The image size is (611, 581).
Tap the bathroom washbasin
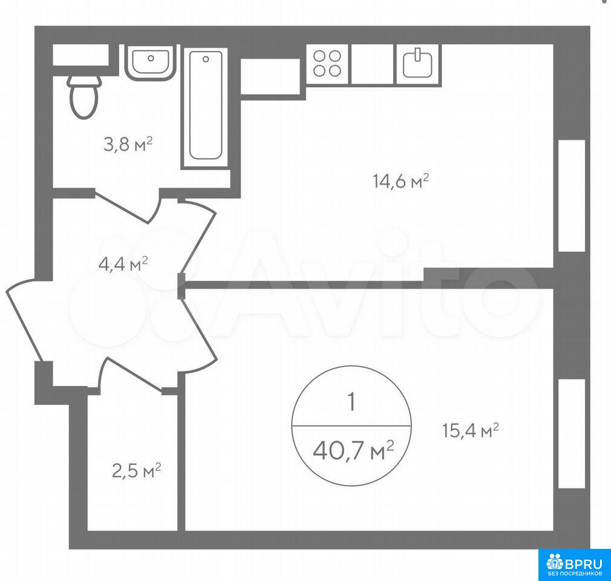click(x=150, y=62)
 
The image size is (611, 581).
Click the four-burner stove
click(x=327, y=64)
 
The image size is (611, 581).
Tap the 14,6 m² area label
click(x=401, y=182)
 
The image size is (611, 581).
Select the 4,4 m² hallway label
click(x=123, y=264)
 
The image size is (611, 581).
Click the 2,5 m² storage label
click(x=136, y=471)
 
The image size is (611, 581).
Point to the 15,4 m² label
click(x=471, y=430)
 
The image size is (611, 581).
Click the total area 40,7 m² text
click(x=353, y=451)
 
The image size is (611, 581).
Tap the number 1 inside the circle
click(x=351, y=402)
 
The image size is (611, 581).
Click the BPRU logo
click(x=575, y=565)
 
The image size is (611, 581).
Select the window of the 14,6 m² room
click(x=572, y=195)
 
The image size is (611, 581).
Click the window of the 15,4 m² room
click(x=572, y=433)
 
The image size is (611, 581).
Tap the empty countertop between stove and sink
click(x=372, y=64)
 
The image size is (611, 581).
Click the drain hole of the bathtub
click(x=206, y=59)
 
